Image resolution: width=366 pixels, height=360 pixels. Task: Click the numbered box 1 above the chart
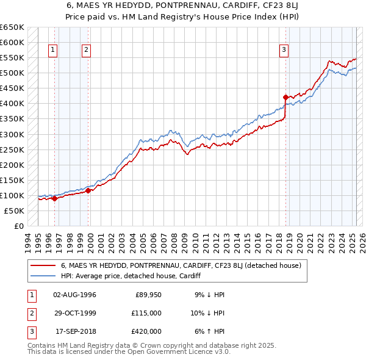click(53, 50)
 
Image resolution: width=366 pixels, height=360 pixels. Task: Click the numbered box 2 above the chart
click(87, 50)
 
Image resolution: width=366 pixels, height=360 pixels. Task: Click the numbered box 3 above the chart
click(284, 50)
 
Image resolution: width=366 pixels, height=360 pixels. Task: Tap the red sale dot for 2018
click(285, 96)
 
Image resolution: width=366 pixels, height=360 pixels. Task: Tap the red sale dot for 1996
click(54, 198)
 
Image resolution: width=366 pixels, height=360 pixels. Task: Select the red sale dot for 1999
click(88, 190)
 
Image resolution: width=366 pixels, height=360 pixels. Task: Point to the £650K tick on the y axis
click(12, 27)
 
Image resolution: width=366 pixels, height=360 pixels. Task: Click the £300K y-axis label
click(12, 134)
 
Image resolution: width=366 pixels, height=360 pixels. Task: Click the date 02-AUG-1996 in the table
click(74, 295)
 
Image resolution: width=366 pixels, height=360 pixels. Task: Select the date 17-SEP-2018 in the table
click(74, 331)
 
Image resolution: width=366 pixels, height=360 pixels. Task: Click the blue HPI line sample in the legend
click(43, 276)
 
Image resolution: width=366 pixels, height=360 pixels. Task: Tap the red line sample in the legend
click(43, 265)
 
